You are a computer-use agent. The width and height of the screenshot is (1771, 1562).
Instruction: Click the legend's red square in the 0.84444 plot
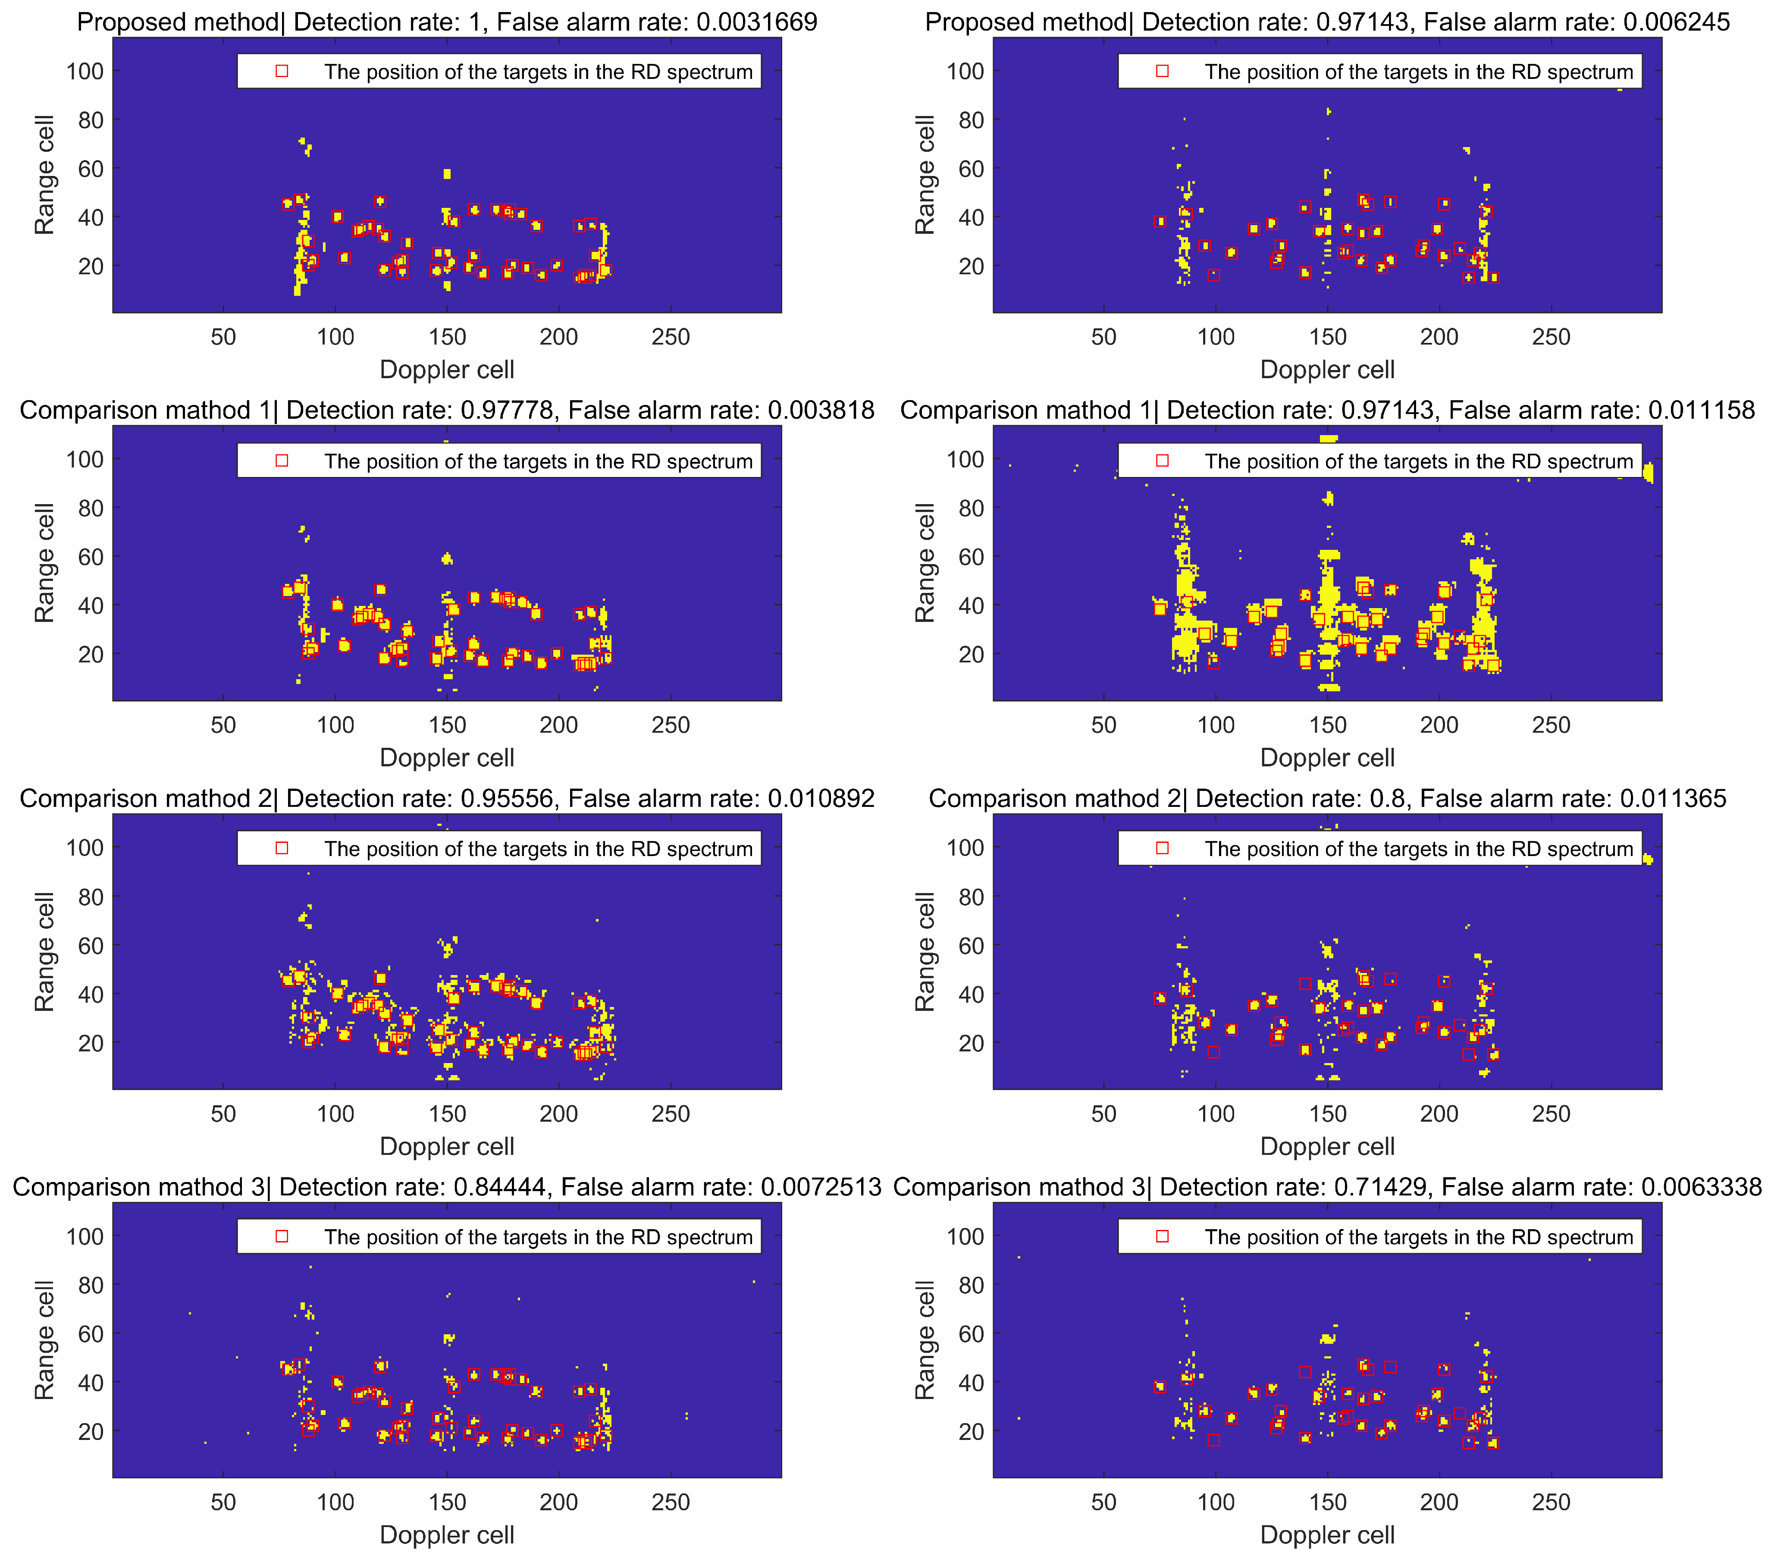[x=282, y=1236]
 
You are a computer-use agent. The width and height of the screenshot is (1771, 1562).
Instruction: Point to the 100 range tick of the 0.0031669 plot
[x=85, y=71]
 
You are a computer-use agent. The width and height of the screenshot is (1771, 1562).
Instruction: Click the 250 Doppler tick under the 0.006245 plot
[x=1551, y=337]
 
